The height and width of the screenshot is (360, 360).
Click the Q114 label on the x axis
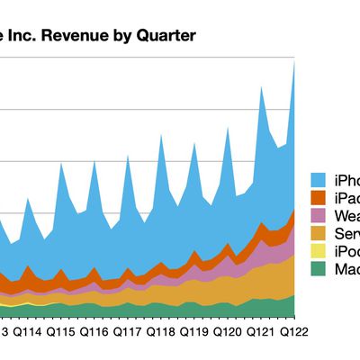coord(27,331)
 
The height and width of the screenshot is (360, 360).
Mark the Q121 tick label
coord(260,331)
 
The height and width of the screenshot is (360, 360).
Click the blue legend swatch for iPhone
coord(319,179)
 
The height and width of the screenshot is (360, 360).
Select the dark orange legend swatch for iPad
coord(319,197)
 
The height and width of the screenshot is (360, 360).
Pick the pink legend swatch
coord(319,216)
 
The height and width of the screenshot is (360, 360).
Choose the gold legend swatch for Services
coord(319,234)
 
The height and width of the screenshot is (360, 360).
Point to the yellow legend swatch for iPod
coord(319,252)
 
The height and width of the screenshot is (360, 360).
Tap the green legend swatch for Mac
coord(319,270)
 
